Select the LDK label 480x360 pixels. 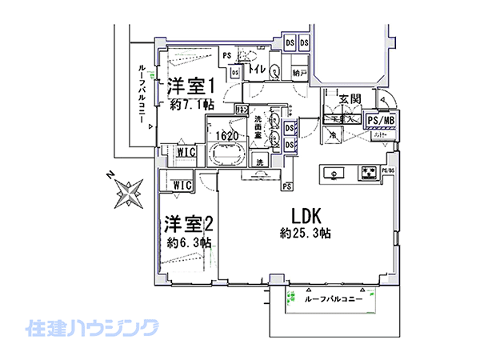(x=306, y=216)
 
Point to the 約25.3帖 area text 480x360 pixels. (x=306, y=234)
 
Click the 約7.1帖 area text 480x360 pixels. (x=192, y=104)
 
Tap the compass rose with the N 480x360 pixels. (x=126, y=192)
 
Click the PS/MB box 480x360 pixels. (x=381, y=120)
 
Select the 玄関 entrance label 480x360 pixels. (x=350, y=99)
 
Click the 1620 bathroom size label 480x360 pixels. (x=225, y=135)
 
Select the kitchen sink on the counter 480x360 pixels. (x=334, y=171)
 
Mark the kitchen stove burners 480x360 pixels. (x=369, y=171)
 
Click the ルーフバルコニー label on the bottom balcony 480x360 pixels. (x=334, y=299)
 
